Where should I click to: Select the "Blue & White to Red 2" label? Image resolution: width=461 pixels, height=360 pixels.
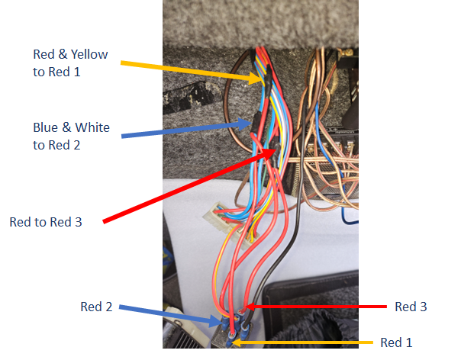(71, 135)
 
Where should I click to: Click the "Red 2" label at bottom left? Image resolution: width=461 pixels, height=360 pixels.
(96, 307)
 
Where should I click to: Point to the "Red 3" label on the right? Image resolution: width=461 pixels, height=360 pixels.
(411, 307)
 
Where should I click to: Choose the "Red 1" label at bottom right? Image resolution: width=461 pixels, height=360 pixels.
(399, 342)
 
